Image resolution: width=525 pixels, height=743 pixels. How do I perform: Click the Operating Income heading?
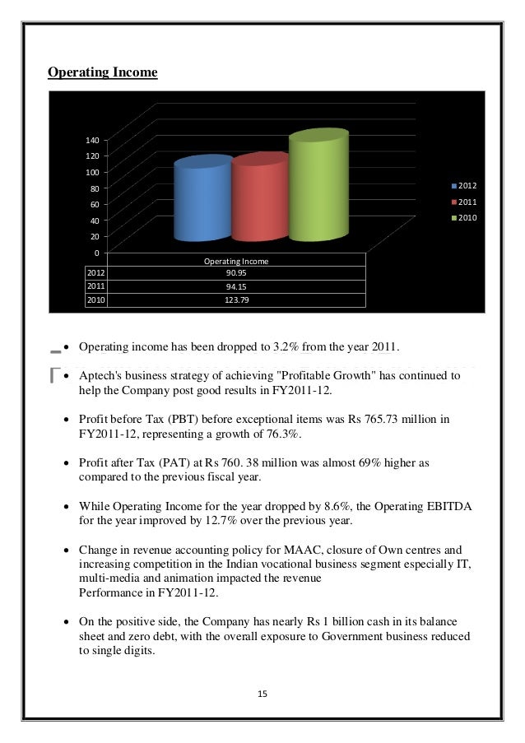click(x=102, y=73)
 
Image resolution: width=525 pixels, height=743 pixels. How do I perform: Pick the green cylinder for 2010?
click(x=317, y=188)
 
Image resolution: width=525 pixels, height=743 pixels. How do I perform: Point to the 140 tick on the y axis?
click(x=91, y=140)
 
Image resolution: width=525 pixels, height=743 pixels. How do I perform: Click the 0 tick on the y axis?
click(x=96, y=252)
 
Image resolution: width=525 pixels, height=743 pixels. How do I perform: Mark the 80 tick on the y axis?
click(x=94, y=188)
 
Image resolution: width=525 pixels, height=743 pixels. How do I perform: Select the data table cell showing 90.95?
click(x=237, y=273)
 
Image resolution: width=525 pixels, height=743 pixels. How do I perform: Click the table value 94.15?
click(x=237, y=286)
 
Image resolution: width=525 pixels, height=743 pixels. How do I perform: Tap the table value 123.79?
click(x=237, y=300)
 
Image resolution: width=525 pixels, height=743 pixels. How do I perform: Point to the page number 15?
click(x=262, y=694)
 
